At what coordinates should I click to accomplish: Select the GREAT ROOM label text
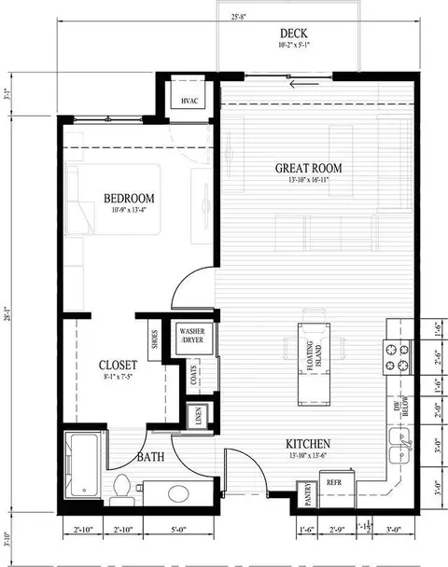click(x=308, y=169)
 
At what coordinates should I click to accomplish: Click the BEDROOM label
click(x=128, y=198)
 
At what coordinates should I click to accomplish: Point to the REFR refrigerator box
click(x=334, y=488)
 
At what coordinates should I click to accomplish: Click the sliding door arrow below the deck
click(x=300, y=85)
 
